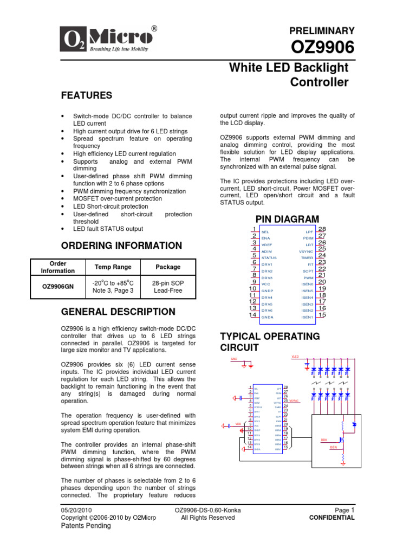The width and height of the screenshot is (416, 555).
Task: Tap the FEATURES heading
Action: tap(86, 95)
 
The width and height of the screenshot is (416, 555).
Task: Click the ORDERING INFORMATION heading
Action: tap(121, 246)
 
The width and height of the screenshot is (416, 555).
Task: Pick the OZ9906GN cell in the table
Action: tap(57, 287)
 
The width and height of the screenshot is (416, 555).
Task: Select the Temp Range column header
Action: tap(113, 267)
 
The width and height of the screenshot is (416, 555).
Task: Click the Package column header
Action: tap(168, 267)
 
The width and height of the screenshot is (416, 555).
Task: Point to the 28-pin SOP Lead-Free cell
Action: tap(168, 287)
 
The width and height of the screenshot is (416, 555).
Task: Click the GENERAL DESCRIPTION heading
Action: tap(118, 312)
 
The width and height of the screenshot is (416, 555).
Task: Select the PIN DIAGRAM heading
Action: tap(288, 218)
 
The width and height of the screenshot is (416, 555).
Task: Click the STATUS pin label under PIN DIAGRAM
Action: tap(269, 258)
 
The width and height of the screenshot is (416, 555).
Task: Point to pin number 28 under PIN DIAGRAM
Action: tap(322, 230)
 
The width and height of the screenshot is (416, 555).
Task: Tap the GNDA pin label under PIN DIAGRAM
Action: tap(267, 317)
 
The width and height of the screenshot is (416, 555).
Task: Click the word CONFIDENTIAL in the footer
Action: tap(331, 518)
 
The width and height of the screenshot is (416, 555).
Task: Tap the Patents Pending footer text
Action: tap(86, 526)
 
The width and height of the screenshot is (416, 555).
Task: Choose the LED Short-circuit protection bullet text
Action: tap(110, 206)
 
